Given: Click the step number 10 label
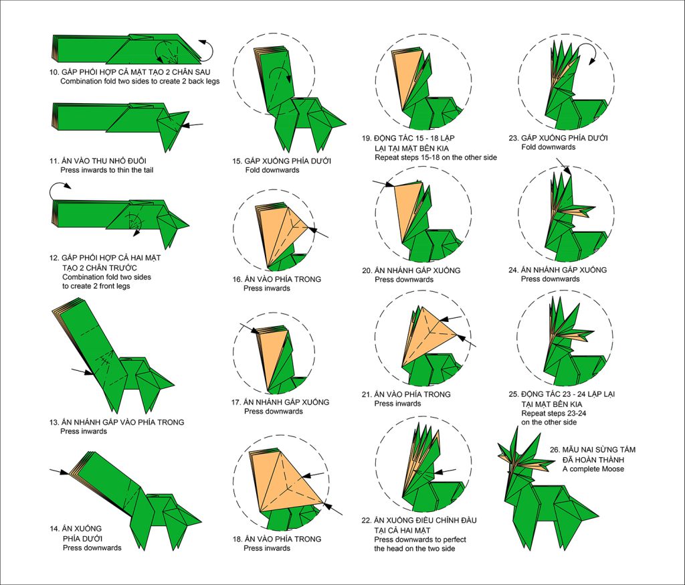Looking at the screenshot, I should coord(54,72).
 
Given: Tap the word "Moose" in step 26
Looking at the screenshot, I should coord(611,469).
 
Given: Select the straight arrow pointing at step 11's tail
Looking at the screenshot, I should coord(195,124).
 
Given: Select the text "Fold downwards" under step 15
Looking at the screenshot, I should coord(272,170).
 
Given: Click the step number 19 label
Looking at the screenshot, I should coord(367,139).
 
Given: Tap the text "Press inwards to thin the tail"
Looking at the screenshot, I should coord(112,170).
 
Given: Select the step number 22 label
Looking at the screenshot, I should coord(367,520).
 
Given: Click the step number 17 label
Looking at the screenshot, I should coord(235,402).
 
